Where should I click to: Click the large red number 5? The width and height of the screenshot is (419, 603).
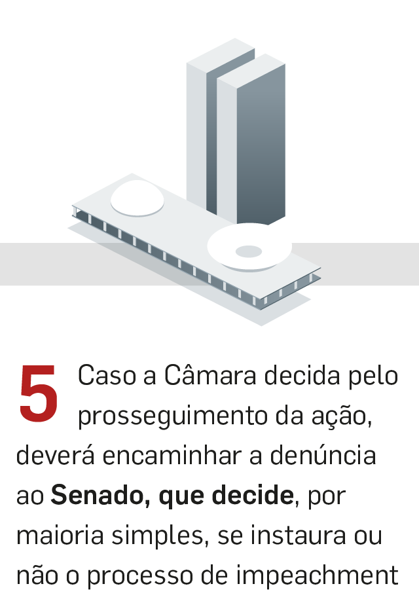coord(39,393)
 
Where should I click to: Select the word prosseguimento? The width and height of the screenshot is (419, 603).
coord(173,417)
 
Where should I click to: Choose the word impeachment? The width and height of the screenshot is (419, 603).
coord(317,576)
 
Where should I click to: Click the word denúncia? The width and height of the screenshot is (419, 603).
coord(323,455)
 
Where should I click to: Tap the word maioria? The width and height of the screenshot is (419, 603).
coord(60,535)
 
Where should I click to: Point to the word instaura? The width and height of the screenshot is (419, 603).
coord(299,535)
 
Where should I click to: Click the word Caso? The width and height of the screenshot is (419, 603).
coord(107,375)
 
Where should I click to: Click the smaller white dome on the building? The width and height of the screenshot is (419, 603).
coord(137,198)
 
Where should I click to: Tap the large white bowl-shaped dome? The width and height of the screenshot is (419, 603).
coord(249,247)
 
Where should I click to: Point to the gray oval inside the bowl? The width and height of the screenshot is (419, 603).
coord(249,251)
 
